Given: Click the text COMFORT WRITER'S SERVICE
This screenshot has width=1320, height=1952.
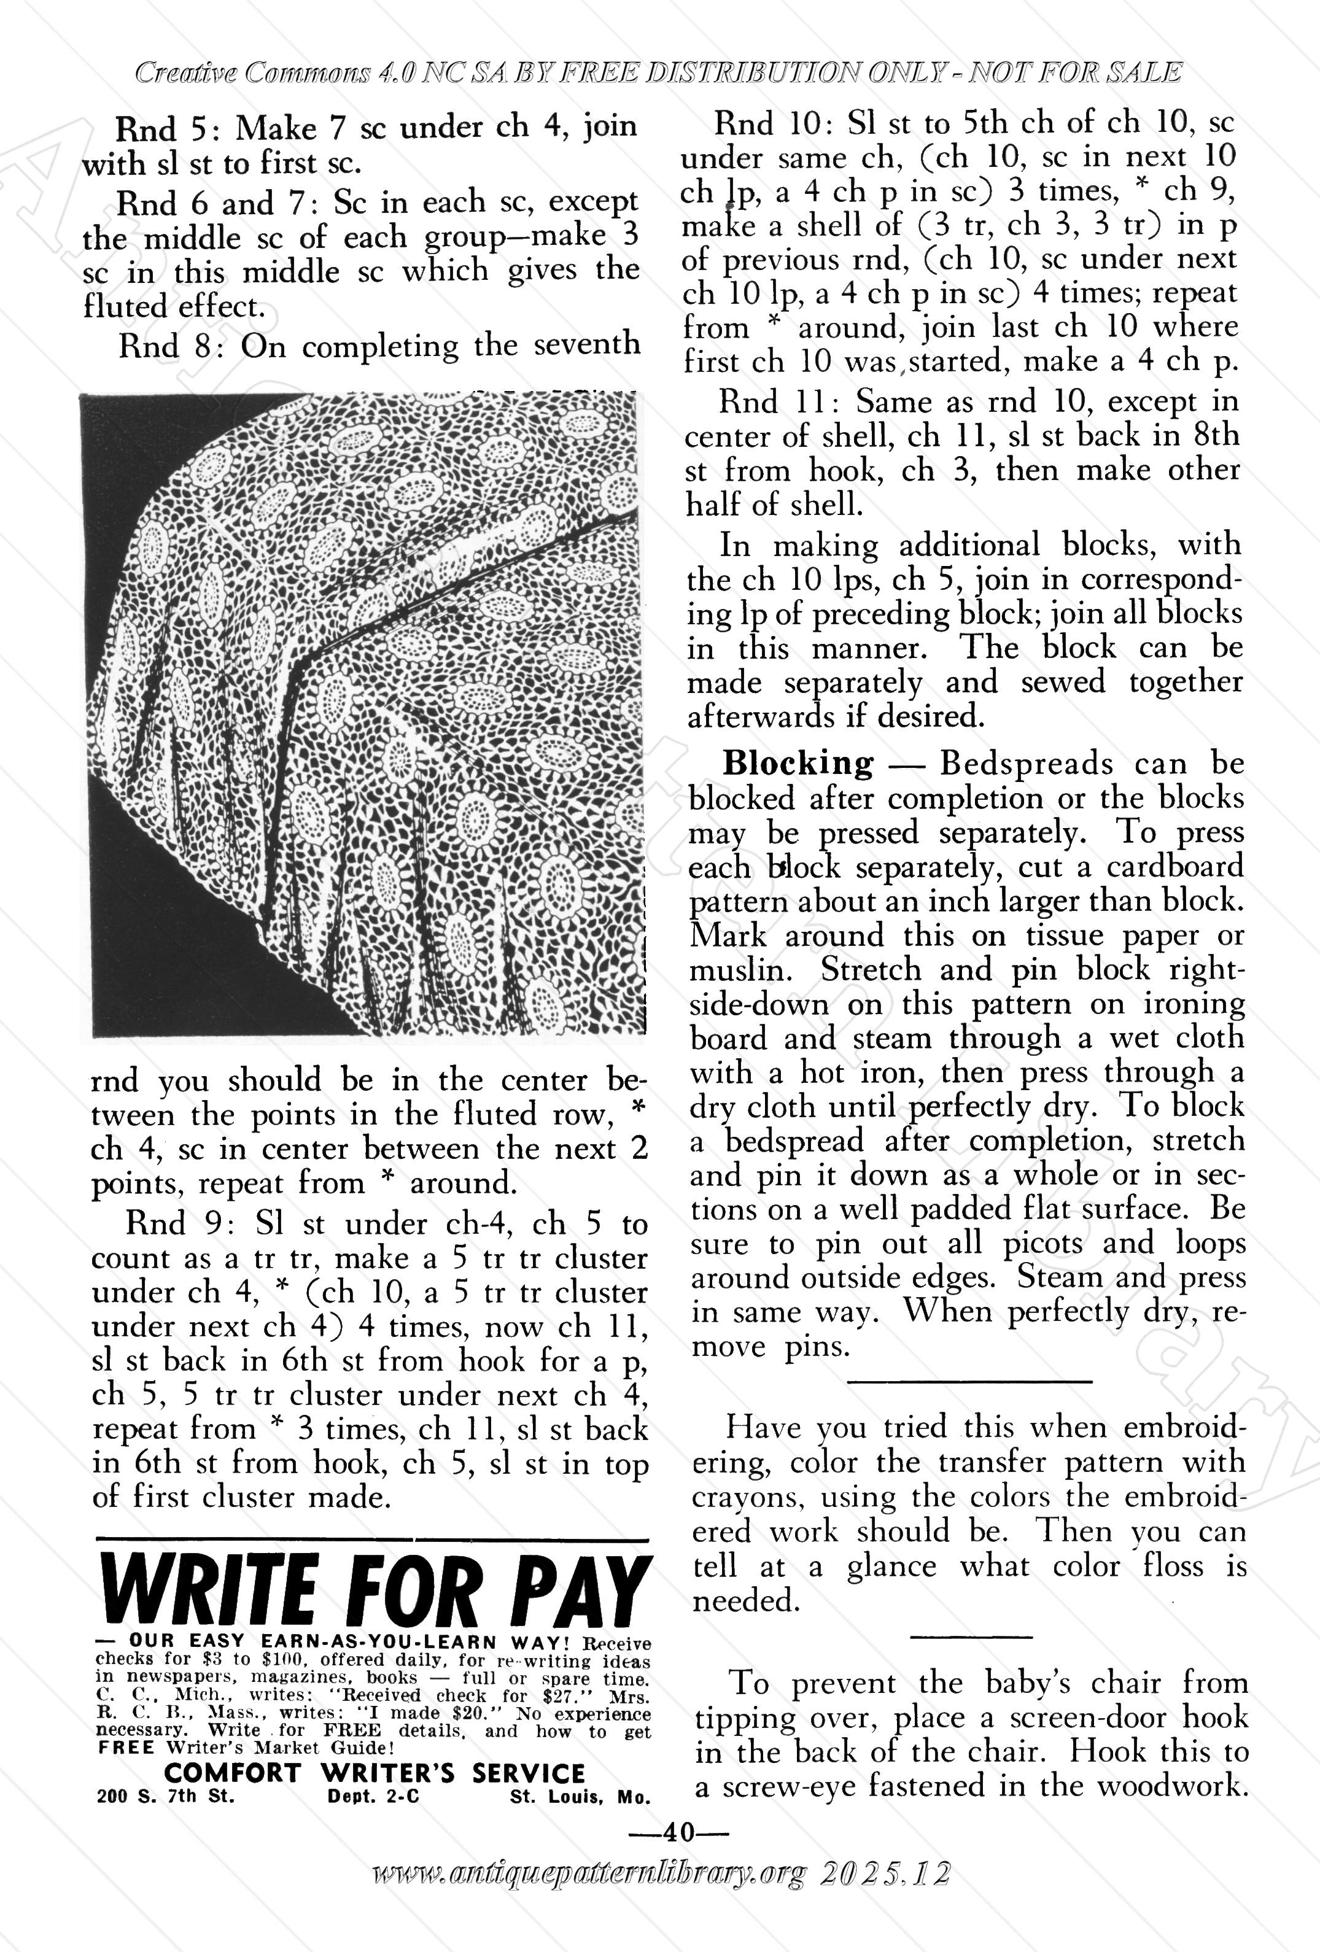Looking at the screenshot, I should coord(375,1773).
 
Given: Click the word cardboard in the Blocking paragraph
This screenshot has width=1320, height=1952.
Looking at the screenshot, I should coord(1174,866).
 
